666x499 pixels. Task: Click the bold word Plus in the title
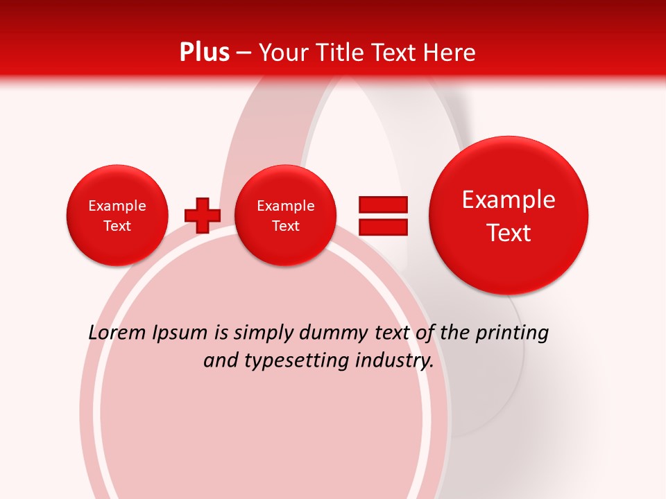coord(205,53)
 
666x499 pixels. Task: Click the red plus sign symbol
coord(202,216)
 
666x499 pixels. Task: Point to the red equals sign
coord(383,216)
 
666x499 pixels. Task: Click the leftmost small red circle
coord(117,216)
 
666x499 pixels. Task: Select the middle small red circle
coord(285,216)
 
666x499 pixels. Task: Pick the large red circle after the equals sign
coord(509,216)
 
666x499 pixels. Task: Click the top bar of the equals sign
coord(383,204)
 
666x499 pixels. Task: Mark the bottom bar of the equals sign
coord(383,227)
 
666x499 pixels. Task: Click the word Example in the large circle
coord(509,200)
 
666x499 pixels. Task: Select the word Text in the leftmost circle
coord(117,226)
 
